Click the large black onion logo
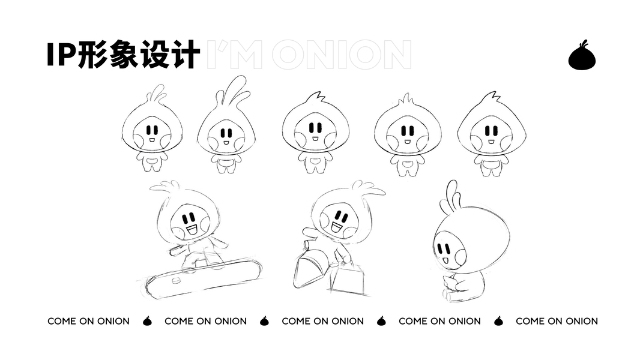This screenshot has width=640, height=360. (x=582, y=56)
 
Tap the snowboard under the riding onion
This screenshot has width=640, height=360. (x=204, y=277)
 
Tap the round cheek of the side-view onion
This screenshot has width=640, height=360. (x=460, y=257)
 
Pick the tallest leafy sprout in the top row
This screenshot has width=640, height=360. (x=233, y=90)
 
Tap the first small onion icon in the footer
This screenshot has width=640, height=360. (x=147, y=321)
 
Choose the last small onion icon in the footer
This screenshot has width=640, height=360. (x=498, y=321)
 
